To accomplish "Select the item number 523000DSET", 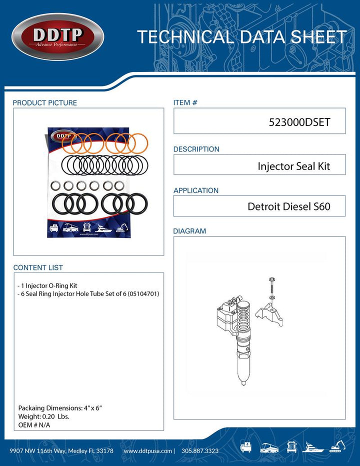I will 299,121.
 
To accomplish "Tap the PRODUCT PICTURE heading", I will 45,103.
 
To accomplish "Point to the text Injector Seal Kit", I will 294,166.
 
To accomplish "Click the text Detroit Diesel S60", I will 289,206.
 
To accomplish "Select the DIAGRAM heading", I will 189,231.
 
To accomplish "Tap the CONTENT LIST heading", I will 38,268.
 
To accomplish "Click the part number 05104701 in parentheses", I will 143,293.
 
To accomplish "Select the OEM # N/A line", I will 34,425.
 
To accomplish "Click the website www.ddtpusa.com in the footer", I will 147,451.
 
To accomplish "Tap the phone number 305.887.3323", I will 199,451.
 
